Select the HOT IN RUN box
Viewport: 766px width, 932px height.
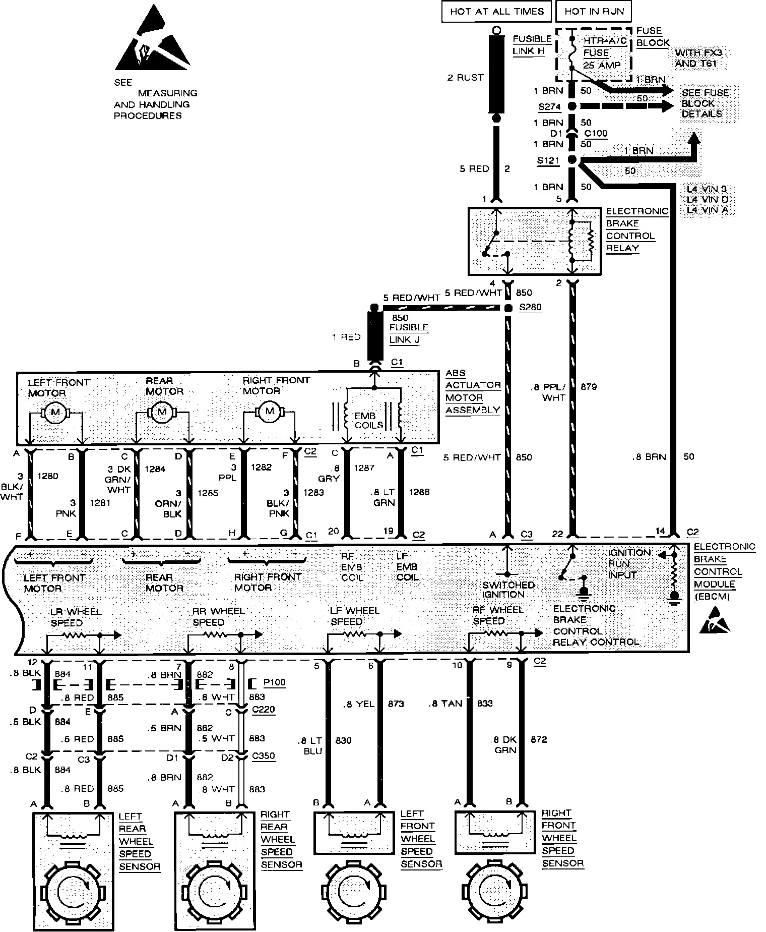594,12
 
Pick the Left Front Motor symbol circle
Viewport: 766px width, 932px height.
55,413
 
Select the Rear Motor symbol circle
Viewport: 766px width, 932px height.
162,412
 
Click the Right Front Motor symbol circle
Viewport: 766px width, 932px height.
269,412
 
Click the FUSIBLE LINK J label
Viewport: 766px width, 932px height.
408,333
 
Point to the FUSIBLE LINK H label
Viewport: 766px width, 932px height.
532,45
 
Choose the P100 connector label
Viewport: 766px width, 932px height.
274,683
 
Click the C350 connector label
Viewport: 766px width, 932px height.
263,756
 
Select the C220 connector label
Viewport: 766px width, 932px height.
263,710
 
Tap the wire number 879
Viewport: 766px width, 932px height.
588,387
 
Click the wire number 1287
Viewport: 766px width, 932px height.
363,468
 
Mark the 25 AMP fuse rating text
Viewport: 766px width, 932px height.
602,65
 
